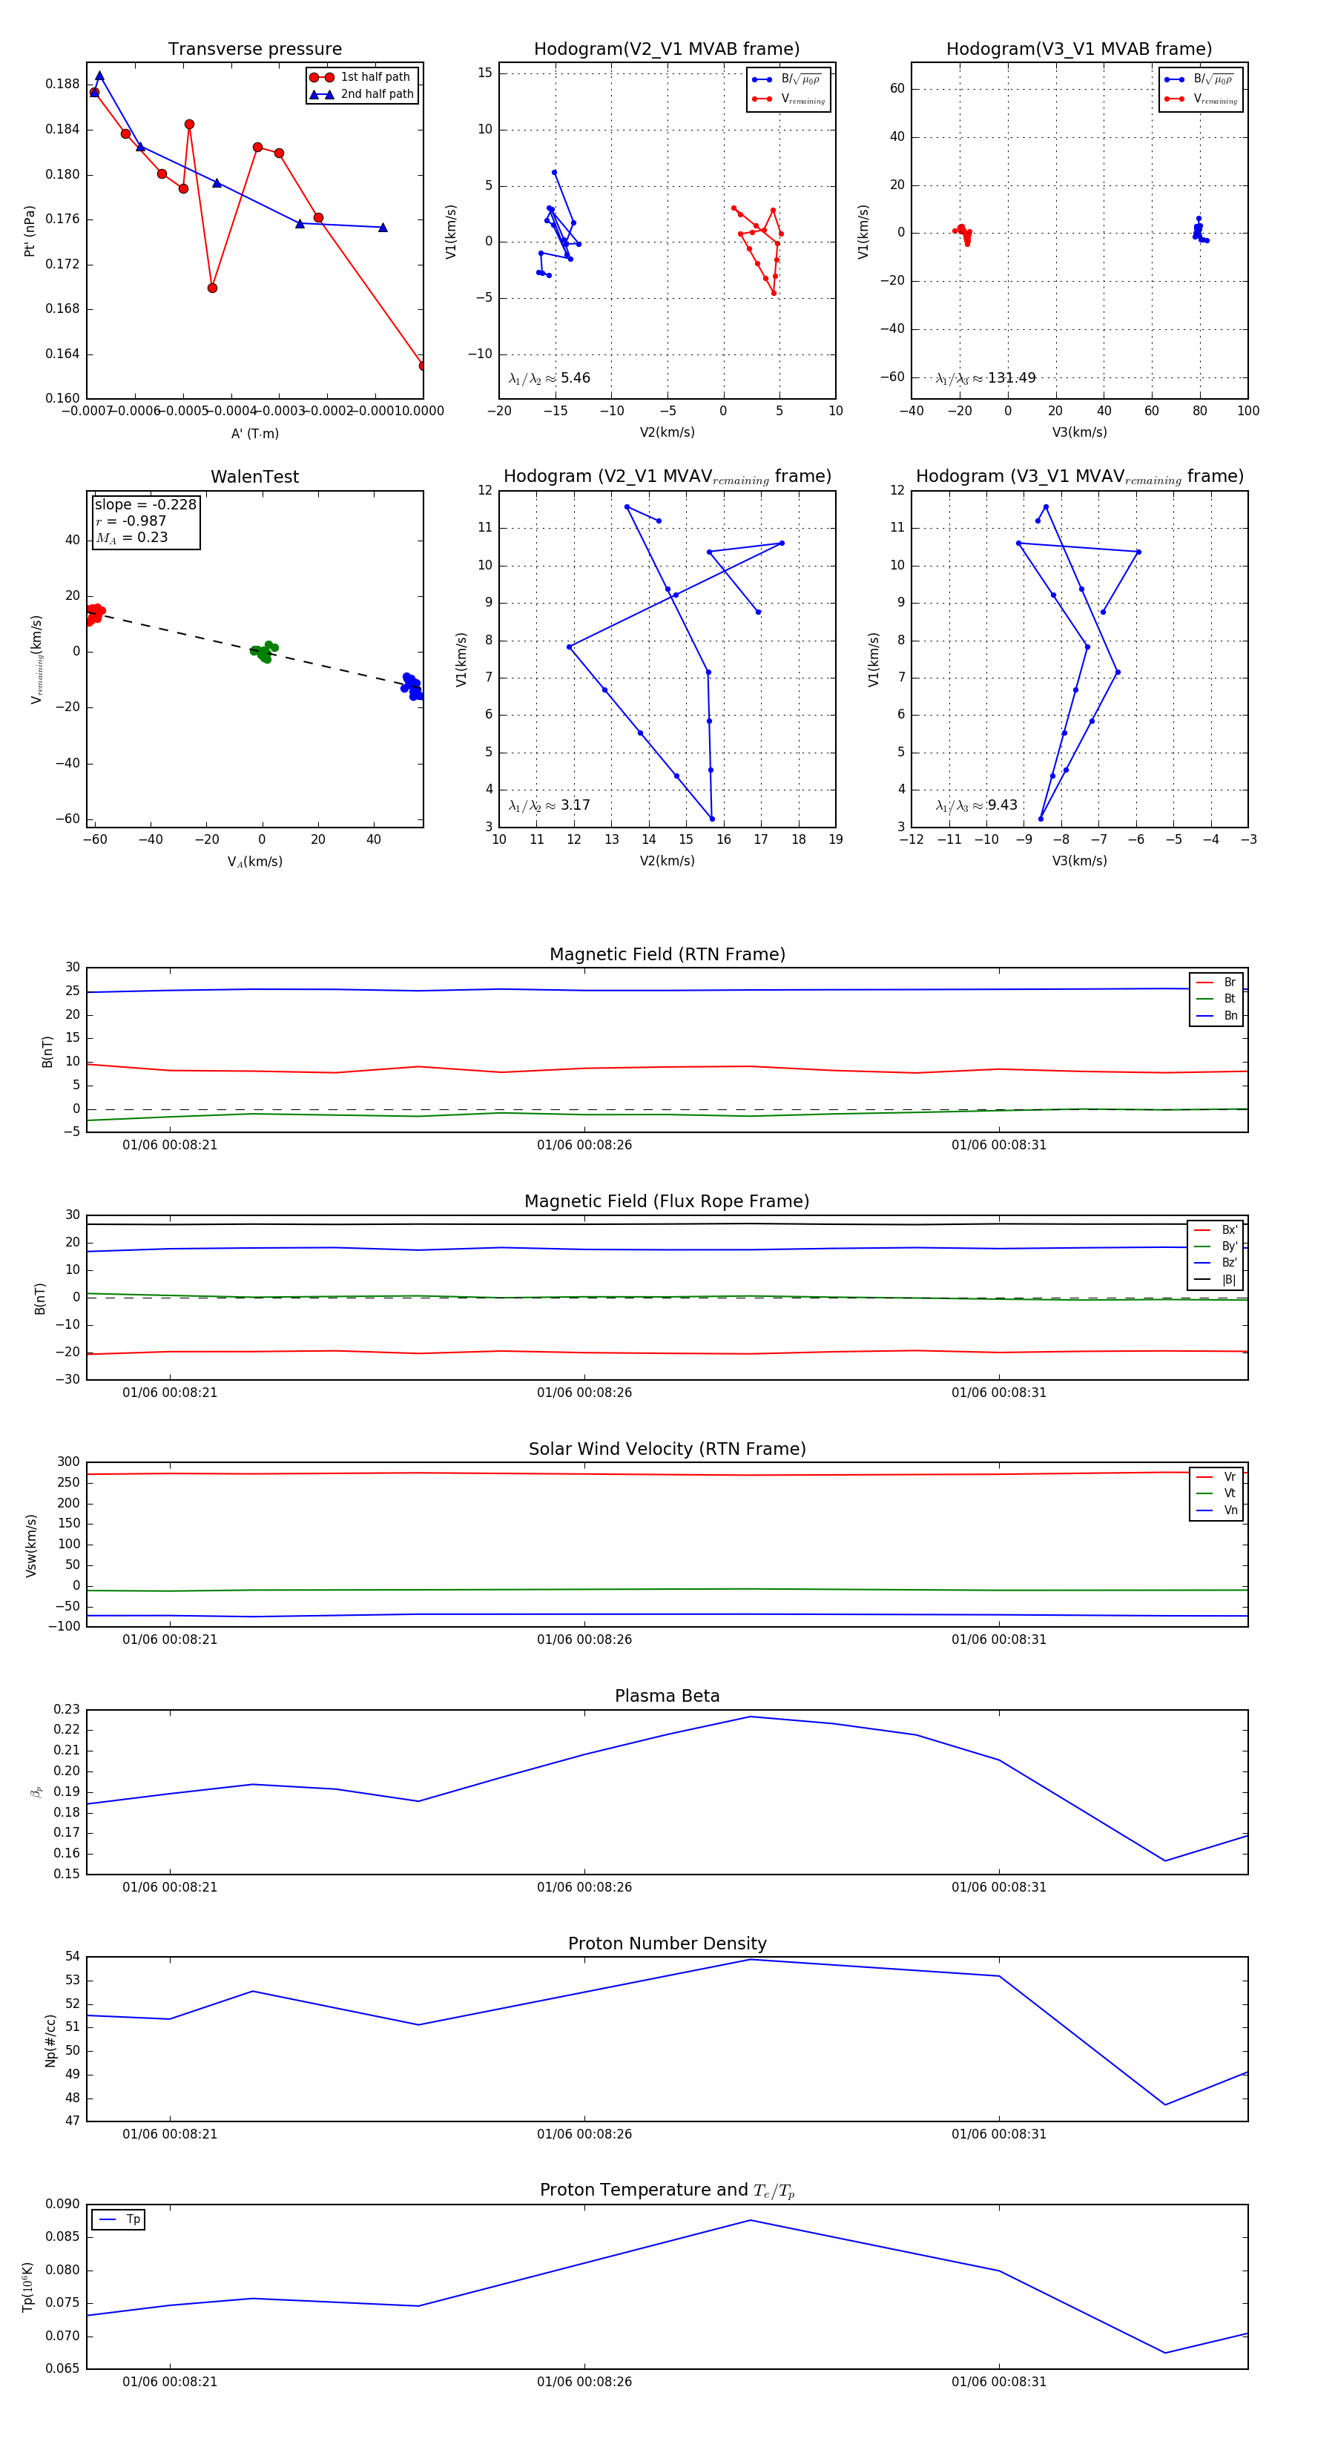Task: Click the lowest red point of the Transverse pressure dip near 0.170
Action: pyautogui.click(x=212, y=288)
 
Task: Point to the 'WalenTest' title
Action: pyautogui.click(x=254, y=477)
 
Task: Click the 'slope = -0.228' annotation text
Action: pyautogui.click(x=145, y=504)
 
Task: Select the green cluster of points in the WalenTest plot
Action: pyautogui.click(x=263, y=652)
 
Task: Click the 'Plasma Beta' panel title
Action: pyautogui.click(x=667, y=1696)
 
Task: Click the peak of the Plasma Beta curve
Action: pyautogui.click(x=751, y=1717)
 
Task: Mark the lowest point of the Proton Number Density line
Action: pyautogui.click(x=1165, y=2104)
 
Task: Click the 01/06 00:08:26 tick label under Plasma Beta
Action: pyautogui.click(x=584, y=1886)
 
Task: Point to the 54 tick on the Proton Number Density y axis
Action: pyautogui.click(x=72, y=1957)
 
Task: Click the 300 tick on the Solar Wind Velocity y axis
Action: pyautogui.click(x=68, y=1462)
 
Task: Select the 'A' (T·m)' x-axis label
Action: pyautogui.click(x=254, y=433)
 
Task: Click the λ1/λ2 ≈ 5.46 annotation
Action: pyautogui.click(x=549, y=378)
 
